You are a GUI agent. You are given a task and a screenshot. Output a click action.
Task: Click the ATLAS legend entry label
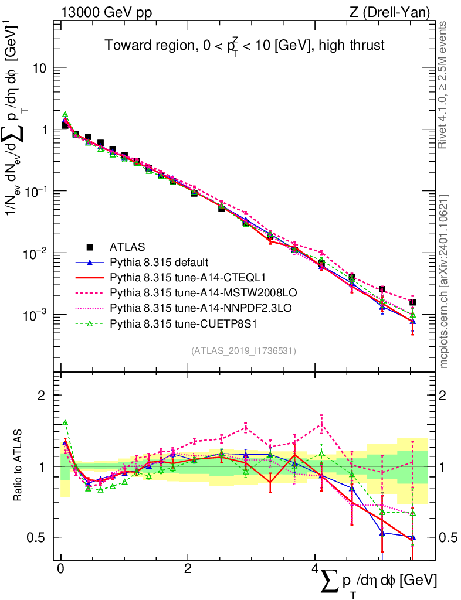coord(127,246)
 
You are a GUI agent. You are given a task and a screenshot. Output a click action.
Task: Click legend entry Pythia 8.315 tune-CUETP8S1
coord(170,322)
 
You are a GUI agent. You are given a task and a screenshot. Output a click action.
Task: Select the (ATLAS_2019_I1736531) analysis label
coord(243,351)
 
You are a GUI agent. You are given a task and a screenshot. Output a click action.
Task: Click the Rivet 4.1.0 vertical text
coord(443,85)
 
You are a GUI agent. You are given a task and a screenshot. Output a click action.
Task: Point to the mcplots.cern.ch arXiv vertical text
coord(443,281)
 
